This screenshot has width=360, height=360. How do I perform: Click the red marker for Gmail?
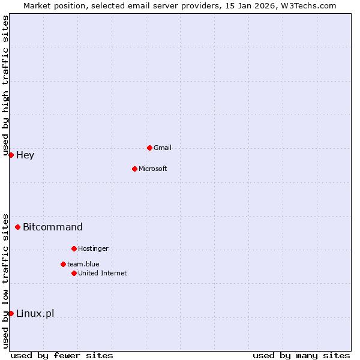coord(149,148)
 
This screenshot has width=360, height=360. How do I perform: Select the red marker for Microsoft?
coord(134,169)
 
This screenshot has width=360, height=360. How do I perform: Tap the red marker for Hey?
coord(11,155)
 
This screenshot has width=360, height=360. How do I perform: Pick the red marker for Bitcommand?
coord(18,227)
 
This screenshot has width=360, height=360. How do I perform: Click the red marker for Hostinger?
coord(74,248)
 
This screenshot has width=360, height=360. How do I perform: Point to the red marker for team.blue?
coord(63,264)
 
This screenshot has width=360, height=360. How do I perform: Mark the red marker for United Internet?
coord(74,273)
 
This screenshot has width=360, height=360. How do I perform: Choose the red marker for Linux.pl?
coord(11,313)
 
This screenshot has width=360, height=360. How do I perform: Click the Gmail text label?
coord(163,148)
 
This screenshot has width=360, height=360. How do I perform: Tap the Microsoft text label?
coord(153,169)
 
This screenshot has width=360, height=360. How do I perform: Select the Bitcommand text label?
coord(53,227)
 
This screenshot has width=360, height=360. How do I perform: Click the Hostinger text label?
coord(93,248)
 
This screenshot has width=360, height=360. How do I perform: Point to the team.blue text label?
coord(83,264)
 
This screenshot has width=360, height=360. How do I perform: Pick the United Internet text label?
coord(103,273)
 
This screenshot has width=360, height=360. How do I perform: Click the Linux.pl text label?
coord(35,313)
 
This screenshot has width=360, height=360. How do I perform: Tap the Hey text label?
coord(25,155)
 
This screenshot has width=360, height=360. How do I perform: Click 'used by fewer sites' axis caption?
coord(62,355)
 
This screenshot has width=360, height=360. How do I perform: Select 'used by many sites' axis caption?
coord(301,355)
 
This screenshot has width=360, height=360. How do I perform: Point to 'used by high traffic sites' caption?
coord(5,85)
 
